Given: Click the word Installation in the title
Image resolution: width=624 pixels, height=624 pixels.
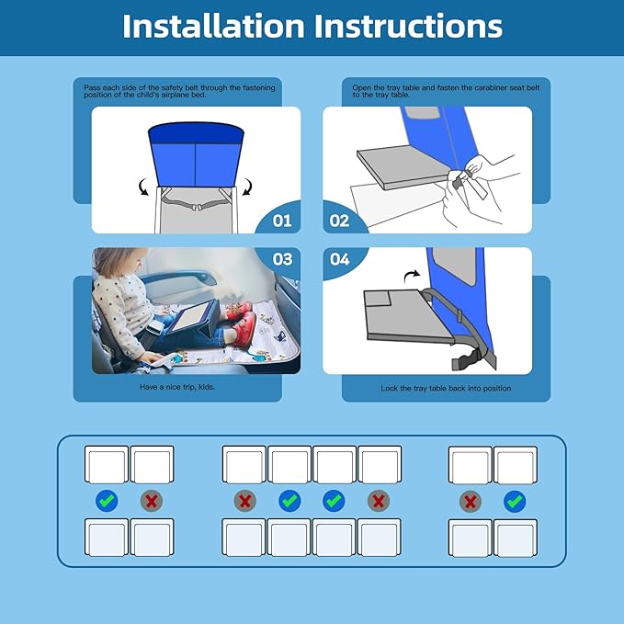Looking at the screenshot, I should pos(213,26).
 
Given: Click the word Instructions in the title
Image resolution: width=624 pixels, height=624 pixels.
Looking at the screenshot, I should pos(409,26).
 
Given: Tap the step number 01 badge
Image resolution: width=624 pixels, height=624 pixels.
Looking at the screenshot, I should pos(281,221).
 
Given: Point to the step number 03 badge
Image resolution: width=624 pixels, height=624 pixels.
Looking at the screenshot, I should pos(282,260).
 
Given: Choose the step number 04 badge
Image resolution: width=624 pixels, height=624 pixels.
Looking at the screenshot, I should pos(340,260).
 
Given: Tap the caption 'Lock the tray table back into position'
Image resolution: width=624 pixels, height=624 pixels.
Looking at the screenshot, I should pos(446,389).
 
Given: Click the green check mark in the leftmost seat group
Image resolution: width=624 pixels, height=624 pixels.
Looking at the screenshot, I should pos(108,501).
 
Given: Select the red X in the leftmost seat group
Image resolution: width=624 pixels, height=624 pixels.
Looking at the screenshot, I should pos(151,501).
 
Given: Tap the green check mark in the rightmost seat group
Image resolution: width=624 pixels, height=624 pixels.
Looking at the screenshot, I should pos(515,501).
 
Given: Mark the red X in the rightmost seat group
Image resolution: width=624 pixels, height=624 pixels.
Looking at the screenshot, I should pos(471,501).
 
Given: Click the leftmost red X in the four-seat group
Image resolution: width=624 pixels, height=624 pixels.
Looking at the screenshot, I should pos(245,501).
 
